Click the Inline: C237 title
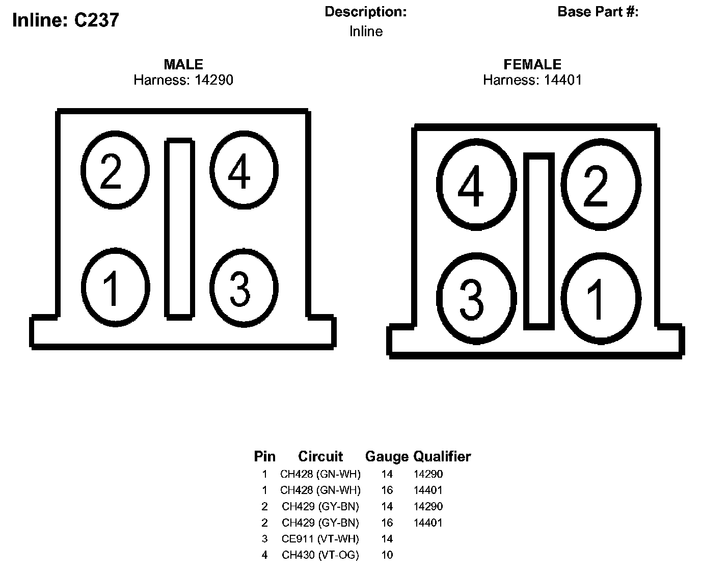pos(65,20)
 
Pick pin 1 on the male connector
pos(115,287)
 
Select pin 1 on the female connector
pos(601,298)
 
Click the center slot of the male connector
pos(179,228)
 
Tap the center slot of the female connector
pos(539,241)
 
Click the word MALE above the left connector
pos(183,64)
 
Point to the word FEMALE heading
pos(532,64)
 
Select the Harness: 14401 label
pos(532,80)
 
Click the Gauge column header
pos(387,456)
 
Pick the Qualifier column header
pos(442,456)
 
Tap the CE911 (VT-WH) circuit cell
pos(320,539)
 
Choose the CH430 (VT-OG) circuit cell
pos(320,555)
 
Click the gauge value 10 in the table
pos(387,555)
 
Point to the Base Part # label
pos(598,12)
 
